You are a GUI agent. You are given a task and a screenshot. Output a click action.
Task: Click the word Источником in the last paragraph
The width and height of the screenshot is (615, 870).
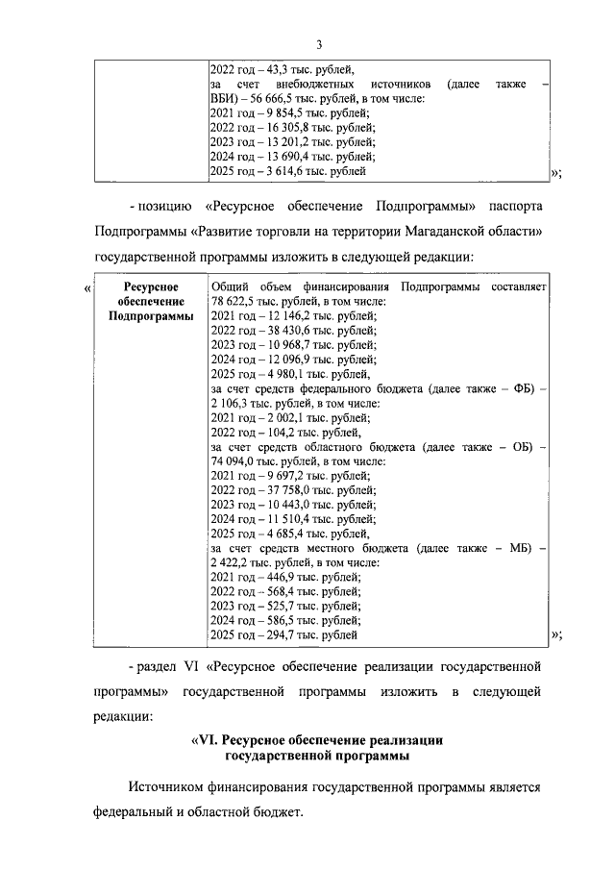[171, 786]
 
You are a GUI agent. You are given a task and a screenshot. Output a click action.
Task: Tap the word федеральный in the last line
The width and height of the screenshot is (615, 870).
[135, 812]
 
